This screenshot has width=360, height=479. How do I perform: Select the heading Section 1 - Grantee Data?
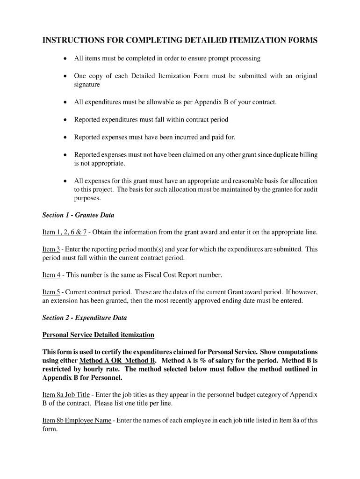pos(78,215)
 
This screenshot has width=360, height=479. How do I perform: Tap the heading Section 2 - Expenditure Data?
pos(84,318)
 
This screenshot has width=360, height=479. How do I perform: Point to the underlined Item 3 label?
pos(51,249)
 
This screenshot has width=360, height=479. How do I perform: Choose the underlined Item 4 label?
pos(51,275)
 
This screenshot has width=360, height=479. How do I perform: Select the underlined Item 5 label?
pos(51,292)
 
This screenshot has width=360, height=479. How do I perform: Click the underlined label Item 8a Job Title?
pos(67,395)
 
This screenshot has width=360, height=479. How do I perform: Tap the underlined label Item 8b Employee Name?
pos(77,420)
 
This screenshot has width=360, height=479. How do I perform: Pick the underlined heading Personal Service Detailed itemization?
pos(98,335)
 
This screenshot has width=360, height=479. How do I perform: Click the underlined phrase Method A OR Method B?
pos(117,361)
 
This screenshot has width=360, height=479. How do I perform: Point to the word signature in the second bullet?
pos(87,85)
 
